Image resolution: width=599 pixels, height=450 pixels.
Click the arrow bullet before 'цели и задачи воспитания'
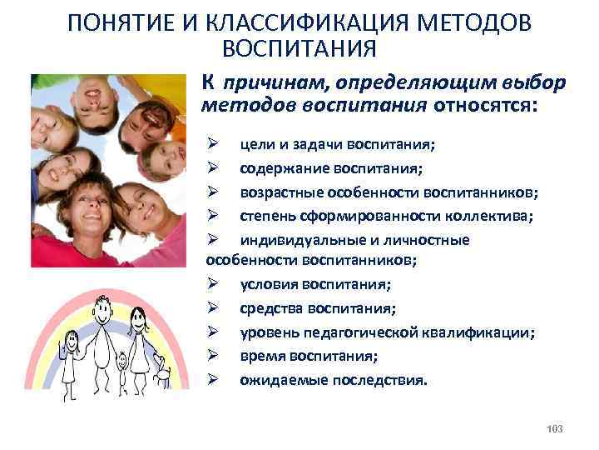point(212,145)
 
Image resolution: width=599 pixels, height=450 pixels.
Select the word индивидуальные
point(291,240)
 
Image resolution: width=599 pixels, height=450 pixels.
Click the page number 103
point(556,428)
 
